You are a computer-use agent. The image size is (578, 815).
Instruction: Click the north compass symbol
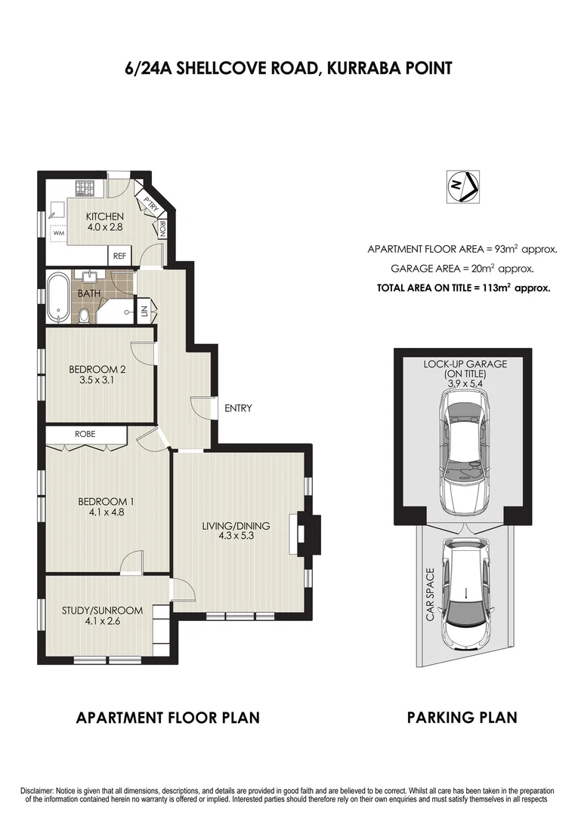click(x=460, y=186)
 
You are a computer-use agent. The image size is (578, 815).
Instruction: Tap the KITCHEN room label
click(x=104, y=217)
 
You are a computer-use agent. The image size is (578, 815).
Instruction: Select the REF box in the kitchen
click(x=119, y=256)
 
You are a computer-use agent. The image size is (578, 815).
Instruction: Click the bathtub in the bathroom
click(x=57, y=297)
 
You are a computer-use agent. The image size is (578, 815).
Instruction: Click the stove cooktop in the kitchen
click(x=83, y=187)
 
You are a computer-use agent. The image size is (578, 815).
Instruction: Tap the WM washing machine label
click(x=58, y=234)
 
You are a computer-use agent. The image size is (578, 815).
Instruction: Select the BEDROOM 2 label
click(x=97, y=369)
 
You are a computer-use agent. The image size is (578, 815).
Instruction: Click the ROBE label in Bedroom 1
click(x=84, y=434)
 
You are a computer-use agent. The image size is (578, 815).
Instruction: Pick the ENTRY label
click(x=237, y=408)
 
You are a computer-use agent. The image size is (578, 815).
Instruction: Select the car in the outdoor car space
click(x=465, y=591)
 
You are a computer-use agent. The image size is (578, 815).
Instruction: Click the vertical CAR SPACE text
click(x=430, y=595)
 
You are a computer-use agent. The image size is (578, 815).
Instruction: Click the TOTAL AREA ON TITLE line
click(x=463, y=288)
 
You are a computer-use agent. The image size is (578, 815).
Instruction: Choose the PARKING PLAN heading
click(x=462, y=717)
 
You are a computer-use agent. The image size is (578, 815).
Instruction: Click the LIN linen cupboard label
click(x=143, y=312)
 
